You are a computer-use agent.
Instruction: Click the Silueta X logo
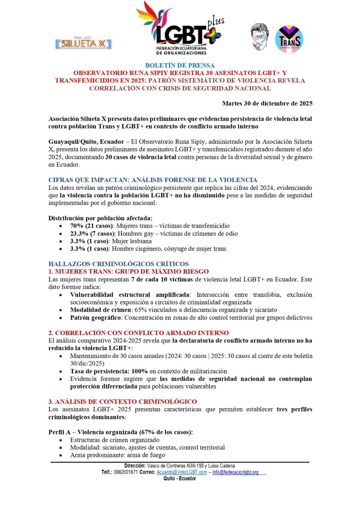(x=84, y=42)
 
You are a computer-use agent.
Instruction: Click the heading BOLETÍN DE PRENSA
(x=180, y=66)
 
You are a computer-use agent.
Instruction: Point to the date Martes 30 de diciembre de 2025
(x=267, y=103)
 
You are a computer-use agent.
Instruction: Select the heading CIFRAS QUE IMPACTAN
(x=152, y=179)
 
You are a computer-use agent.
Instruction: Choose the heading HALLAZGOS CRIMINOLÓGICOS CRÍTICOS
(x=118, y=263)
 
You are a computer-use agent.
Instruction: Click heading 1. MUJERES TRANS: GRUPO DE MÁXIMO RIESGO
(x=128, y=271)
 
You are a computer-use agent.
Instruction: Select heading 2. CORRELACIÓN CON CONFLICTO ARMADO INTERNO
(x=138, y=333)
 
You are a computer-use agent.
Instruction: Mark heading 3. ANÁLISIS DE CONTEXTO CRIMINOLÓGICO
(x=122, y=401)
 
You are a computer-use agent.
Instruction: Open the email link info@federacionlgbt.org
(x=235, y=472)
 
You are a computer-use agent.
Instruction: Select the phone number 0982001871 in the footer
(x=126, y=472)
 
